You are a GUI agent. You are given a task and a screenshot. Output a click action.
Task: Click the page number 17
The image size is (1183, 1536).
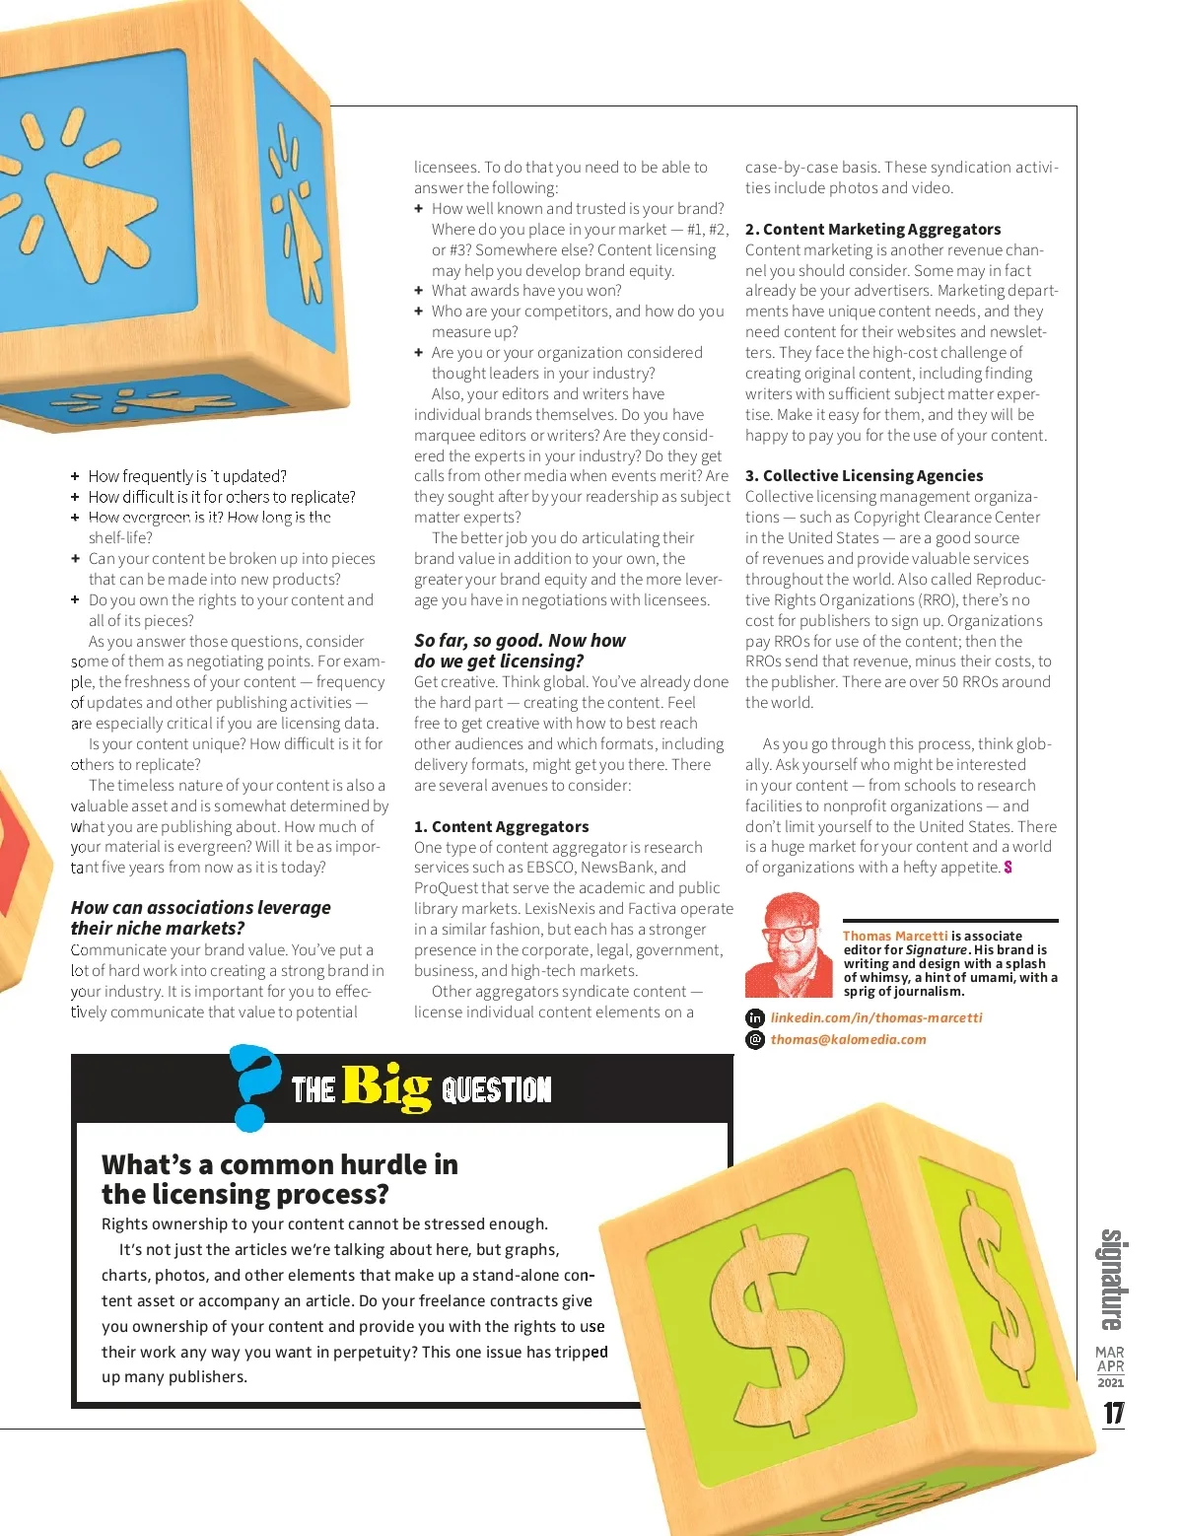1113,1413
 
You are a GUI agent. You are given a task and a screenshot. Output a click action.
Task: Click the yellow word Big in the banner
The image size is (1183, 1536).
386,1087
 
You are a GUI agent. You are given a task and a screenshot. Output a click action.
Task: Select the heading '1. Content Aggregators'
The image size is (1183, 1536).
501,826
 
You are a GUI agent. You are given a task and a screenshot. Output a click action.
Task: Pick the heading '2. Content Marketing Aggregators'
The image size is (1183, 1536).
872,229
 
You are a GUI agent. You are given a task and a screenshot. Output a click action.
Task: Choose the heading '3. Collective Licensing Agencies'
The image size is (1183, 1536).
864,475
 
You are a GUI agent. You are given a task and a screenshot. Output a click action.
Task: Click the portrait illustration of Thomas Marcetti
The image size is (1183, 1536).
790,945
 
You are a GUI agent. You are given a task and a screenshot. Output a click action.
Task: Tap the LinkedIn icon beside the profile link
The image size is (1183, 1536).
755,1018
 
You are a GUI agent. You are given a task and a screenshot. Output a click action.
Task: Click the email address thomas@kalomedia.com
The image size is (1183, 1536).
848,1039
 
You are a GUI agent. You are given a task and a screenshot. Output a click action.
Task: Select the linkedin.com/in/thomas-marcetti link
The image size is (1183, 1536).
876,1017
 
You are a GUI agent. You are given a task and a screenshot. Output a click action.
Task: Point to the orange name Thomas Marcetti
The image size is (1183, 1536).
894,936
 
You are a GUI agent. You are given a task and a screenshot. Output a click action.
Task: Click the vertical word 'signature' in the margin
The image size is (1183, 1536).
1112,1279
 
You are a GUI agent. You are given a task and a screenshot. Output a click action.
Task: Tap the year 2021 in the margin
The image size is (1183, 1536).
1111,1382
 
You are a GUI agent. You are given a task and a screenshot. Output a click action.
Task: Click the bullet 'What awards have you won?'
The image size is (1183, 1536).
526,290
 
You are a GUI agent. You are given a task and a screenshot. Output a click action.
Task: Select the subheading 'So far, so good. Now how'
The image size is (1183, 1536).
520,640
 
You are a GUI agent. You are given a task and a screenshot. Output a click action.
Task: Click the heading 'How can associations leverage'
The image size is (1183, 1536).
200,907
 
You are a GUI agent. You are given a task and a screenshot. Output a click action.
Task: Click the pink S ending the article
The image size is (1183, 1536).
1008,868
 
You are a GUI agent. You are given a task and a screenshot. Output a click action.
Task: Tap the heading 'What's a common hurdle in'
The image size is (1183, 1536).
279,1164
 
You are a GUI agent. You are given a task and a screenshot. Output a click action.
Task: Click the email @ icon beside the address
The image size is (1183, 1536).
755,1039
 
